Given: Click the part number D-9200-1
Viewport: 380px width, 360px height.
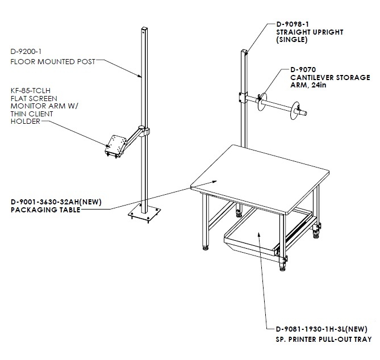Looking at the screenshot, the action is pos(26,52).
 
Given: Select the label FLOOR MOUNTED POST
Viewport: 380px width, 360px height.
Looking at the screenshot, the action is pos(53,62).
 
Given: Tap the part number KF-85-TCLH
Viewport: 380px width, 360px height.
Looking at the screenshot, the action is pos(31,91).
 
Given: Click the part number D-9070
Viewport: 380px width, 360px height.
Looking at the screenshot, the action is pos(303,70).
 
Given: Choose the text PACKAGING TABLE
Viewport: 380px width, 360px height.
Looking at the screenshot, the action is pos(45,210).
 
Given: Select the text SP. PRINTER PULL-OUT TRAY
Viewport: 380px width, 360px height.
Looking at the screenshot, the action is pos(324,340).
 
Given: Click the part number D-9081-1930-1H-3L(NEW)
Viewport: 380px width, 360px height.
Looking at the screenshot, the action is pos(321,329).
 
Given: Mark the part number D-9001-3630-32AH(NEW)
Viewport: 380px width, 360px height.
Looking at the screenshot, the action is pos(56,202).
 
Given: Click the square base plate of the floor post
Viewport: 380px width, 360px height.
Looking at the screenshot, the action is pos(144,214).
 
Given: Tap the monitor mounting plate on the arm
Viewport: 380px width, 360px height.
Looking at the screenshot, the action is pos(115,145).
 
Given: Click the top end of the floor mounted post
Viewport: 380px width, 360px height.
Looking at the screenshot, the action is pos(144,28).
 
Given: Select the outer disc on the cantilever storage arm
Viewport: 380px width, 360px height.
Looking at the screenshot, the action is pos(295,111).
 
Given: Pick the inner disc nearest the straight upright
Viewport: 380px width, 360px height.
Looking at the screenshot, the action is pos(262,101).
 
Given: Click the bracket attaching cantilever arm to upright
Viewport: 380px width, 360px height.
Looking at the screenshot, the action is pos(243,97).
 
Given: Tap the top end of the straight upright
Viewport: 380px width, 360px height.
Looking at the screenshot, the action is pos(244,51).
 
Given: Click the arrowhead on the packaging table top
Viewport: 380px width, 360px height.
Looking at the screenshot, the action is pos(214,182).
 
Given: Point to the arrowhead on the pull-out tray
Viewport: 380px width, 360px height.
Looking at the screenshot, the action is pos(258,235).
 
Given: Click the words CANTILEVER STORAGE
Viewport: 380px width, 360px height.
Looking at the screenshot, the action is pos(330,78).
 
